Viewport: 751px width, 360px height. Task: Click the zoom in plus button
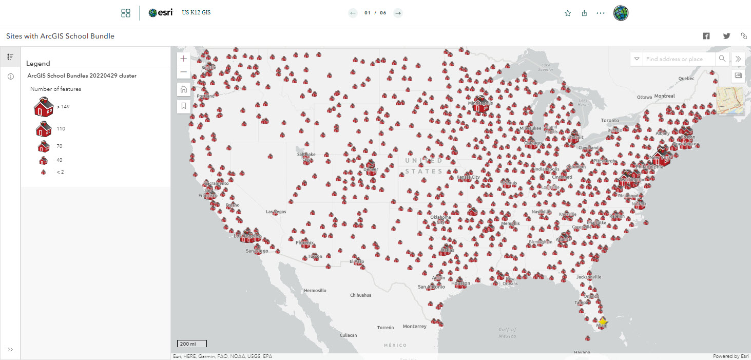pos(184,59)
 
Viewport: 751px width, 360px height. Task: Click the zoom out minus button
pos(184,72)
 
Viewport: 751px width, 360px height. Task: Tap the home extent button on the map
pos(184,89)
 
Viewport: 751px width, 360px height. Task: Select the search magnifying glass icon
pos(722,59)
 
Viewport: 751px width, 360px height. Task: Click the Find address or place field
pos(678,59)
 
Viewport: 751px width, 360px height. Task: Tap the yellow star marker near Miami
pos(603,321)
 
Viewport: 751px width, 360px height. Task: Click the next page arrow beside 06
pos(398,13)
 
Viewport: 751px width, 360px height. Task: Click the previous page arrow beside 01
pos(353,13)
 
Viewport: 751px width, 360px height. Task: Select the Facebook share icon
pos(706,36)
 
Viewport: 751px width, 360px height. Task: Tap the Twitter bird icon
pos(726,36)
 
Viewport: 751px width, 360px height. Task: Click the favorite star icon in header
pos(568,13)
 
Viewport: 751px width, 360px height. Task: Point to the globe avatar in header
pos(621,13)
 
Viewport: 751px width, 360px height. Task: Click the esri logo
pos(161,13)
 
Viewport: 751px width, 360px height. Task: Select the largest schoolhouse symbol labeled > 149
pos(44,106)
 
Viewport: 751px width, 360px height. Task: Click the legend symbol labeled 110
pos(44,128)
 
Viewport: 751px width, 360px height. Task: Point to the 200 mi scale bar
pos(192,344)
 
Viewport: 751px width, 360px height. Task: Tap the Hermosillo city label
pos(315,290)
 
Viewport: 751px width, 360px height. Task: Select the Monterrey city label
pos(414,327)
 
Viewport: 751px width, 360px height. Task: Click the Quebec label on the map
pos(686,79)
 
